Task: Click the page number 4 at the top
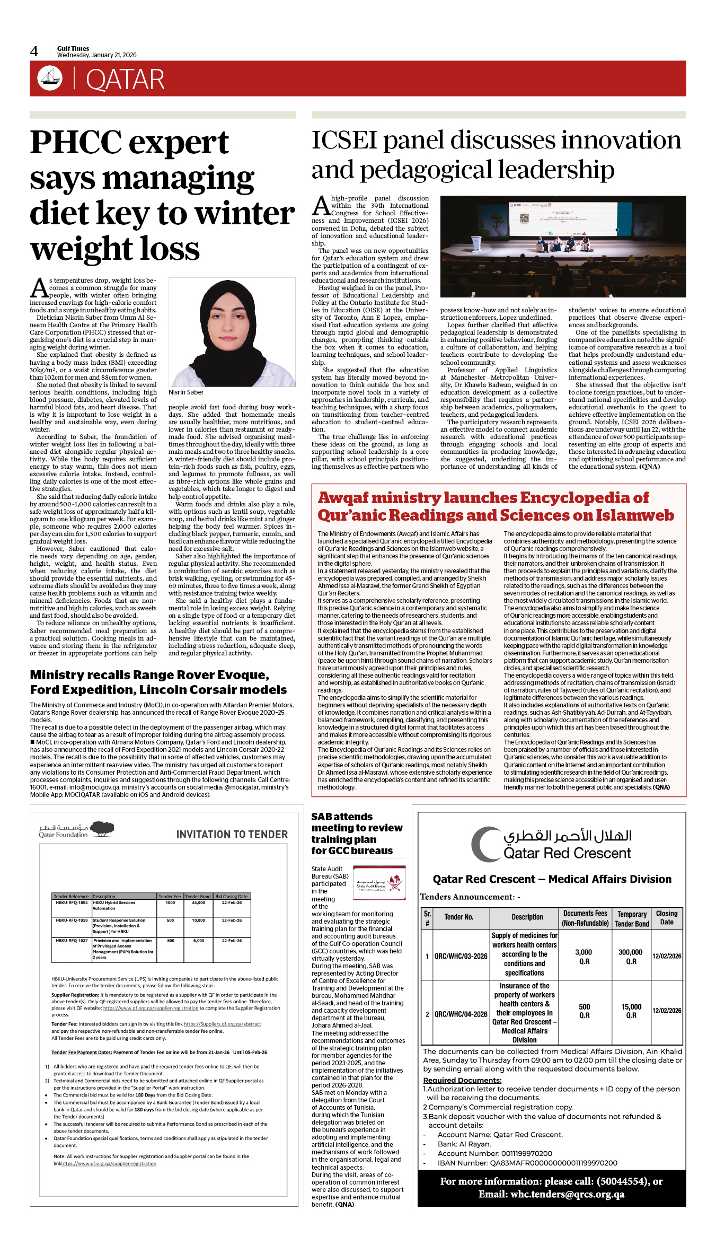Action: click(34, 51)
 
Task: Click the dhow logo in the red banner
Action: click(50, 78)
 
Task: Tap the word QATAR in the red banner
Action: click(125, 80)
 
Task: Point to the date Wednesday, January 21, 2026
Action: click(96, 55)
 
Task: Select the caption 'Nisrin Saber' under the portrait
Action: click(186, 392)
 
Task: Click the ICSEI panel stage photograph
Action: click(563, 246)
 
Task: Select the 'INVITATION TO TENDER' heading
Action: click(232, 835)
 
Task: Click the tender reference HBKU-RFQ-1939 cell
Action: click(72, 920)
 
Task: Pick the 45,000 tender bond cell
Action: click(198, 902)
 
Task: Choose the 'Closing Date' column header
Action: click(666, 917)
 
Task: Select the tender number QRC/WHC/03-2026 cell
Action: click(461, 956)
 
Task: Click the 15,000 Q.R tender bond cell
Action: click(631, 1011)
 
